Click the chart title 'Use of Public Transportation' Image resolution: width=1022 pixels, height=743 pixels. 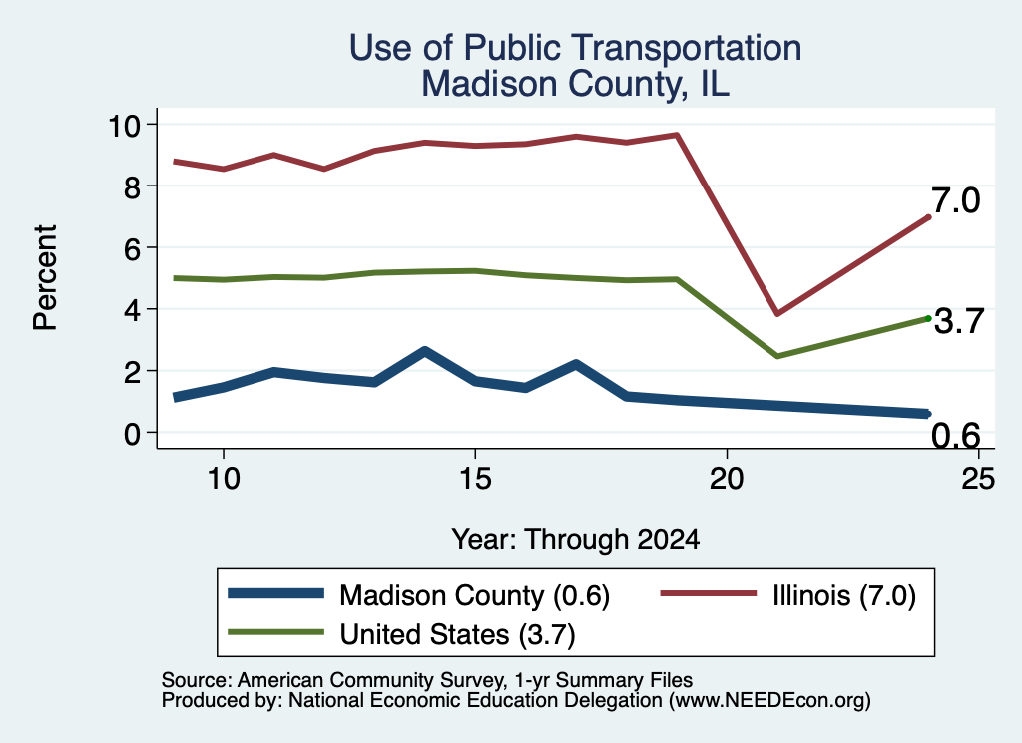(576, 48)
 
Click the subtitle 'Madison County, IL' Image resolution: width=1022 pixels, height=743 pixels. (576, 84)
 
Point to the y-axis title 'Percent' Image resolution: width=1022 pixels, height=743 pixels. (46, 278)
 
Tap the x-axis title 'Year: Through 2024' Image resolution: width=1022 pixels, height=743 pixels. (576, 540)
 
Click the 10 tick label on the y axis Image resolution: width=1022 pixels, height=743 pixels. (124, 125)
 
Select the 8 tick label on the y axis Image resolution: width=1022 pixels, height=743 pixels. (133, 186)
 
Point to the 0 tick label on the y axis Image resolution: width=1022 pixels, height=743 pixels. (133, 433)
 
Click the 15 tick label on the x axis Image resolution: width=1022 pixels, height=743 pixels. (475, 479)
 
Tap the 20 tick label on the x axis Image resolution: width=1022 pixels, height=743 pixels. (727, 479)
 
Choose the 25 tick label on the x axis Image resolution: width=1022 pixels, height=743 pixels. (978, 479)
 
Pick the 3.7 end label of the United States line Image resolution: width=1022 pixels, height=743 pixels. (959, 322)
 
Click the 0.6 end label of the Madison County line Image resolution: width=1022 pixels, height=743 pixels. (955, 436)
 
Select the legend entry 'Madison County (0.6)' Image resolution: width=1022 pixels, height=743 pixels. (474, 595)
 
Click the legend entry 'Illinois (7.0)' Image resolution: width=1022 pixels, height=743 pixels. (844, 595)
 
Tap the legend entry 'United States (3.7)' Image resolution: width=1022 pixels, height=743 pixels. (457, 634)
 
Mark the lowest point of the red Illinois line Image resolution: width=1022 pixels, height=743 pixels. (776, 314)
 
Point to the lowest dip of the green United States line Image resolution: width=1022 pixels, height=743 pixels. (776, 356)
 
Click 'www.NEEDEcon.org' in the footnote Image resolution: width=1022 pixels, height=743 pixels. (768, 700)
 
